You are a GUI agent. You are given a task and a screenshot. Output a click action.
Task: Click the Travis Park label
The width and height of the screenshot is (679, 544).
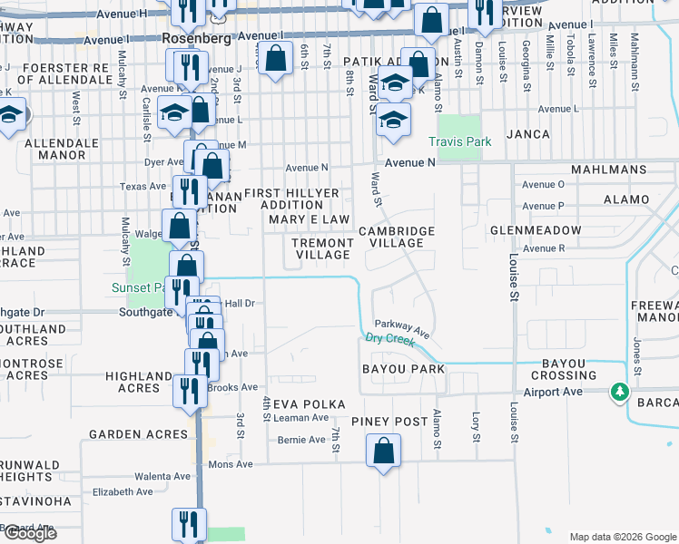pyautogui.click(x=459, y=142)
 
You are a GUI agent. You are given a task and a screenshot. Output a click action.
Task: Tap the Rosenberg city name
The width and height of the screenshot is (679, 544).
pyautogui.click(x=195, y=40)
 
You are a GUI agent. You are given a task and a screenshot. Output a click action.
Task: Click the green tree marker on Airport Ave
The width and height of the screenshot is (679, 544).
pyautogui.click(x=620, y=391)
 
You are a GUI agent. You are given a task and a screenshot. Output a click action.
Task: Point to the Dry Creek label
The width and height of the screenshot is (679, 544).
pyautogui.click(x=390, y=340)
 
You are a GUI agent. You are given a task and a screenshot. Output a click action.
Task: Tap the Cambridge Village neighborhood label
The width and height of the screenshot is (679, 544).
pyautogui.click(x=396, y=238)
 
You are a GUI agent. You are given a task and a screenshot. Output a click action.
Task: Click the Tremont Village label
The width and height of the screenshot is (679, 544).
pyautogui.click(x=322, y=249)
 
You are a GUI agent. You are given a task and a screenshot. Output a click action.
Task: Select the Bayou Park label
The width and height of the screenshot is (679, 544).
pyautogui.click(x=403, y=370)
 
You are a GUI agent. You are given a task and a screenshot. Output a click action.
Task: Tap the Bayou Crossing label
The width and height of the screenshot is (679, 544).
pyautogui.click(x=569, y=369)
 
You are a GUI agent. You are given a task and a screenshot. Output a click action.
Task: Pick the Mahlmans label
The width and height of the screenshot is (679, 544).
pyautogui.click(x=606, y=170)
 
